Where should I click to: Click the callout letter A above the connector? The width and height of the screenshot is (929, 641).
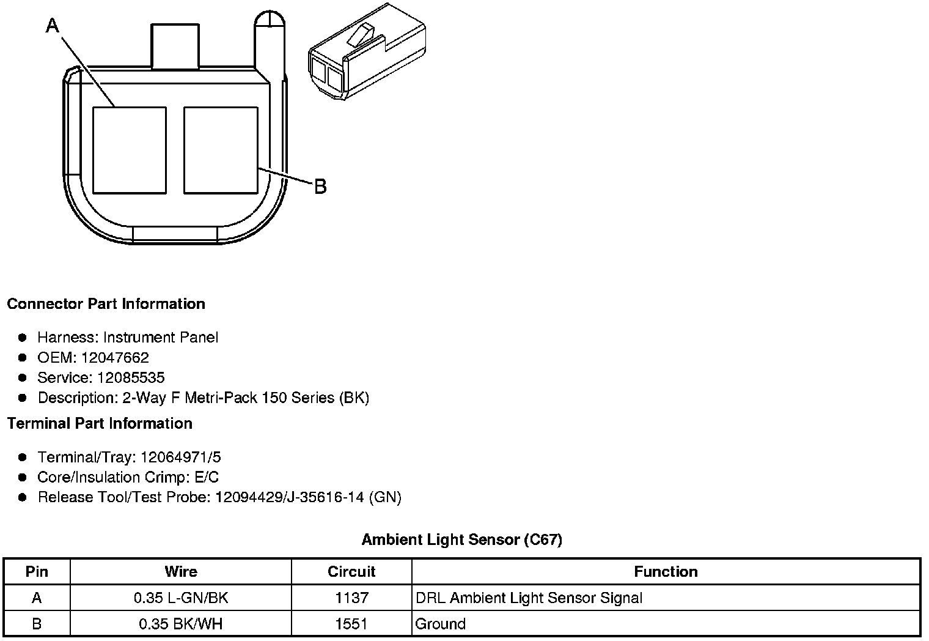53,26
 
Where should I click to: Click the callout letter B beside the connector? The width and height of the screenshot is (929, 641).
320,187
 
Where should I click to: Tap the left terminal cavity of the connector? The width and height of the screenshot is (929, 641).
130,150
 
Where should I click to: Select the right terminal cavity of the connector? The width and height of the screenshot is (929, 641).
221,150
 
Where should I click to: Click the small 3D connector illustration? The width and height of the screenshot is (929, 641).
367,51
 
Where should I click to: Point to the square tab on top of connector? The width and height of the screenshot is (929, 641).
175,46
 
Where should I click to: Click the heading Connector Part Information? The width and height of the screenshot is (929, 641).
106,304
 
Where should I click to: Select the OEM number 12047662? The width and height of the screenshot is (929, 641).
115,357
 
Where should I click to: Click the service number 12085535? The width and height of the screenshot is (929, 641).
131,377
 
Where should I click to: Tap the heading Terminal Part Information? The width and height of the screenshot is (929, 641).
100,423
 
